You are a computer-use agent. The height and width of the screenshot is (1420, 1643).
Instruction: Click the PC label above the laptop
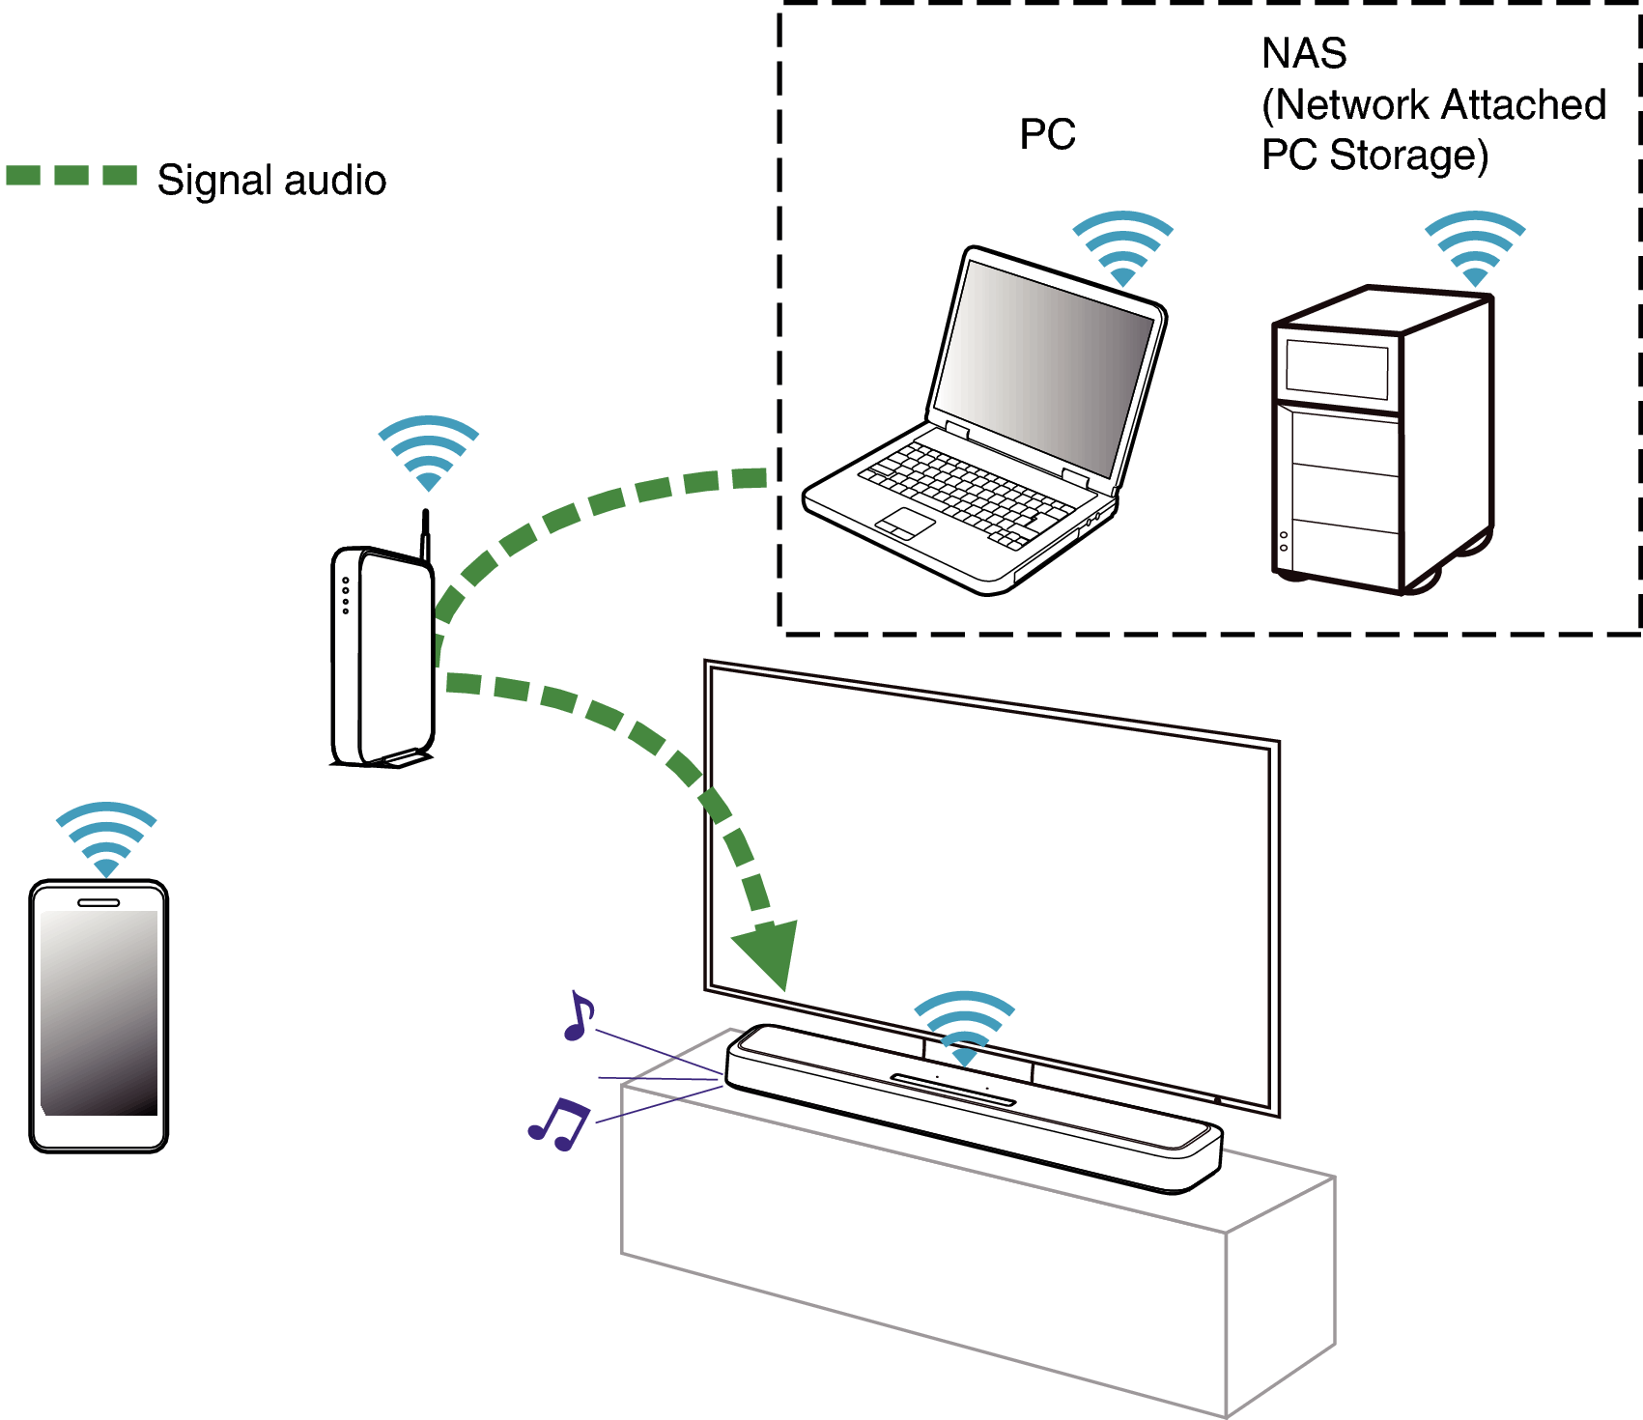[1047, 134]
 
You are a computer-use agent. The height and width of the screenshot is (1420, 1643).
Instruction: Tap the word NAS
[1303, 54]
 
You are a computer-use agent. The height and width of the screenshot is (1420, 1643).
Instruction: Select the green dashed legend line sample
[71, 175]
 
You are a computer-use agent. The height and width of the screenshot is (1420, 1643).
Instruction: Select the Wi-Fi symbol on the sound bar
[964, 1027]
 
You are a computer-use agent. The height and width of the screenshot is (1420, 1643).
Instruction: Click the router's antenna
[425, 534]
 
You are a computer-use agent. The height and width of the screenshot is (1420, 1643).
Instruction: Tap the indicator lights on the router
[346, 595]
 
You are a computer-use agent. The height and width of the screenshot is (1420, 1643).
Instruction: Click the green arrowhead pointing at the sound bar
[771, 951]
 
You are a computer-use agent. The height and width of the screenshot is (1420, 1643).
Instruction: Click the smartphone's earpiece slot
[99, 902]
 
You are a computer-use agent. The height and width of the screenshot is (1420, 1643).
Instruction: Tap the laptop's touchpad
[905, 524]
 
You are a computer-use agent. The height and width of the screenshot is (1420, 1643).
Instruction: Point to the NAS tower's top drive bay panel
[1337, 369]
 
